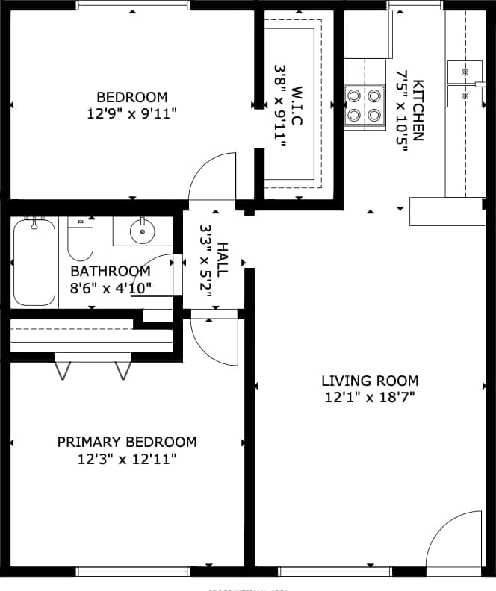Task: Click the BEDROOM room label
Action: (x=132, y=97)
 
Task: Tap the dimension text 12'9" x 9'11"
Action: (x=132, y=113)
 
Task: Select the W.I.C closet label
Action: (x=297, y=105)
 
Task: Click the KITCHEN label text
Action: (x=418, y=110)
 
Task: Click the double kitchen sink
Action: (x=465, y=84)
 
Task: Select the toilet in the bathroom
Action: (x=80, y=237)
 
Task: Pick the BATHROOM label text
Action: (x=111, y=271)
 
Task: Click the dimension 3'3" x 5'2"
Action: (x=205, y=261)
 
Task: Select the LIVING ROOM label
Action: (x=370, y=381)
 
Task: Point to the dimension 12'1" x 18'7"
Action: (x=370, y=398)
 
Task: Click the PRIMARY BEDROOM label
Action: (x=127, y=442)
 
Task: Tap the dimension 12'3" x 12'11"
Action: (x=127, y=459)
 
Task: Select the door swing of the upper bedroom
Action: (x=213, y=179)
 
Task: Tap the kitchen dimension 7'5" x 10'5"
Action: (x=401, y=110)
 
